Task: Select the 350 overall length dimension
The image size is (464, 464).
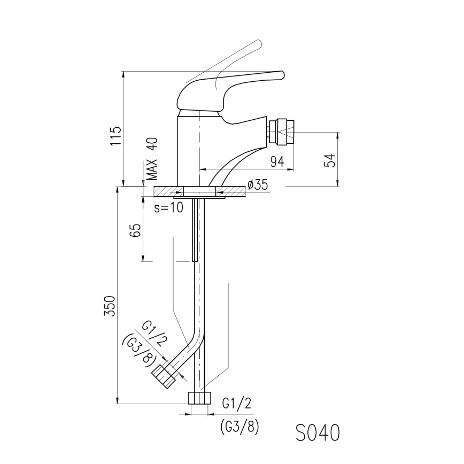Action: point(110,305)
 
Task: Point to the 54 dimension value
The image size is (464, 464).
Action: point(331,160)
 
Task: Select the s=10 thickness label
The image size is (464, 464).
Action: point(168,208)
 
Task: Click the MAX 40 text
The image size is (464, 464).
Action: point(153,158)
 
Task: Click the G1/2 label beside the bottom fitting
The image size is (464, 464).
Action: point(236,404)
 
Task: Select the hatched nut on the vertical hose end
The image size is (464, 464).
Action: point(198,399)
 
